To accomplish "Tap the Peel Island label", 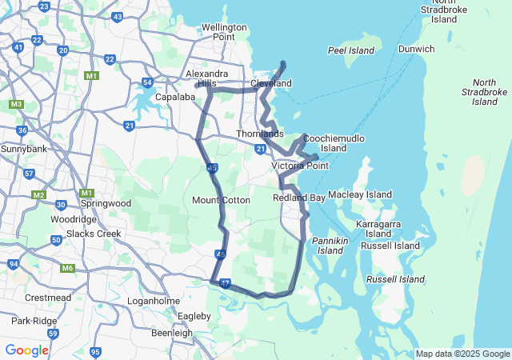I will pyautogui.click(x=350, y=50).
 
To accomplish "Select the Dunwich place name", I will pyautogui.click(x=417, y=49).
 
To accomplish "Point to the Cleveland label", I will pyautogui.click(x=270, y=83).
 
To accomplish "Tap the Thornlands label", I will pyautogui.click(x=259, y=134).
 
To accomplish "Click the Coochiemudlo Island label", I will pyautogui.click(x=334, y=142).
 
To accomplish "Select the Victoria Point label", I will pyautogui.click(x=300, y=166).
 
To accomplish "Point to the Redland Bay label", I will pyautogui.click(x=298, y=197).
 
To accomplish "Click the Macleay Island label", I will pyautogui.click(x=360, y=194).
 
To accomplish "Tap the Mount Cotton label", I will pyautogui.click(x=221, y=200).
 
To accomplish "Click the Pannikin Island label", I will pyautogui.click(x=330, y=245).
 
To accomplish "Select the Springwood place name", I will pyautogui.click(x=106, y=203).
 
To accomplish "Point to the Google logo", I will pyautogui.click(x=26, y=350).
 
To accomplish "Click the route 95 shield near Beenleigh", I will pyautogui.click(x=95, y=352).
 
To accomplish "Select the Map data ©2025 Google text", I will pyautogui.click(x=462, y=354).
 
